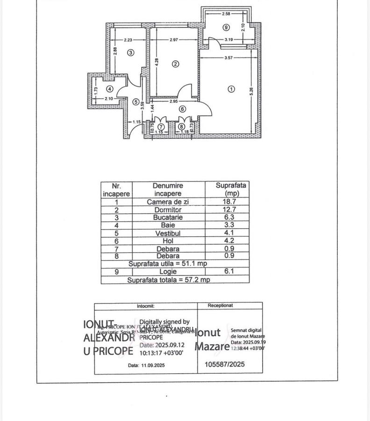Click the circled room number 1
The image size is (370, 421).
(231, 89)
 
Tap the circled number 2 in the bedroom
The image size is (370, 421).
(176, 65)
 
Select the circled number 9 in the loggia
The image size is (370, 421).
(226, 28)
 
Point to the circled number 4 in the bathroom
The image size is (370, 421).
(109, 88)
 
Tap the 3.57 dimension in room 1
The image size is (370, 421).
(228, 58)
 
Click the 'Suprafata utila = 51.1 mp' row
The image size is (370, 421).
(169, 263)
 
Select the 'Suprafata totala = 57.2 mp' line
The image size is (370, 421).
(169, 279)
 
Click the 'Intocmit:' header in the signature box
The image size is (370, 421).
(145, 306)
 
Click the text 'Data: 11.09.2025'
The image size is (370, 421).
(146, 365)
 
